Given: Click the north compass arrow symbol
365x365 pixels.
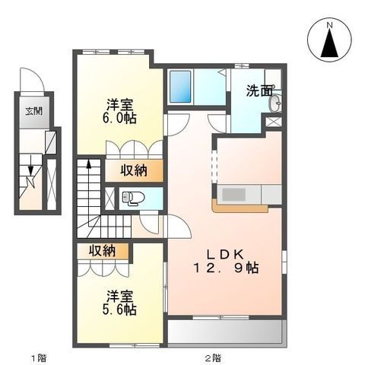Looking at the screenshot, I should tap(330, 46).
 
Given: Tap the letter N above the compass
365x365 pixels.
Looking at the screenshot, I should tap(330, 25).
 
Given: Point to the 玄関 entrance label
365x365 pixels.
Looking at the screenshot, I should tap(33, 111).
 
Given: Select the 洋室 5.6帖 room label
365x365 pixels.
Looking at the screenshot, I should tap(119, 302).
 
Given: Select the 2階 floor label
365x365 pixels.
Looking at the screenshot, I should tap(212, 356).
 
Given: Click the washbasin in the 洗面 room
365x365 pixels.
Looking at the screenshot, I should tap(276, 101).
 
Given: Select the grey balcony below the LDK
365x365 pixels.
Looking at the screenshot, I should tap(225, 330).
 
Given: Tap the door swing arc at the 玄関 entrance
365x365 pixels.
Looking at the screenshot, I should tap(29, 80).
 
